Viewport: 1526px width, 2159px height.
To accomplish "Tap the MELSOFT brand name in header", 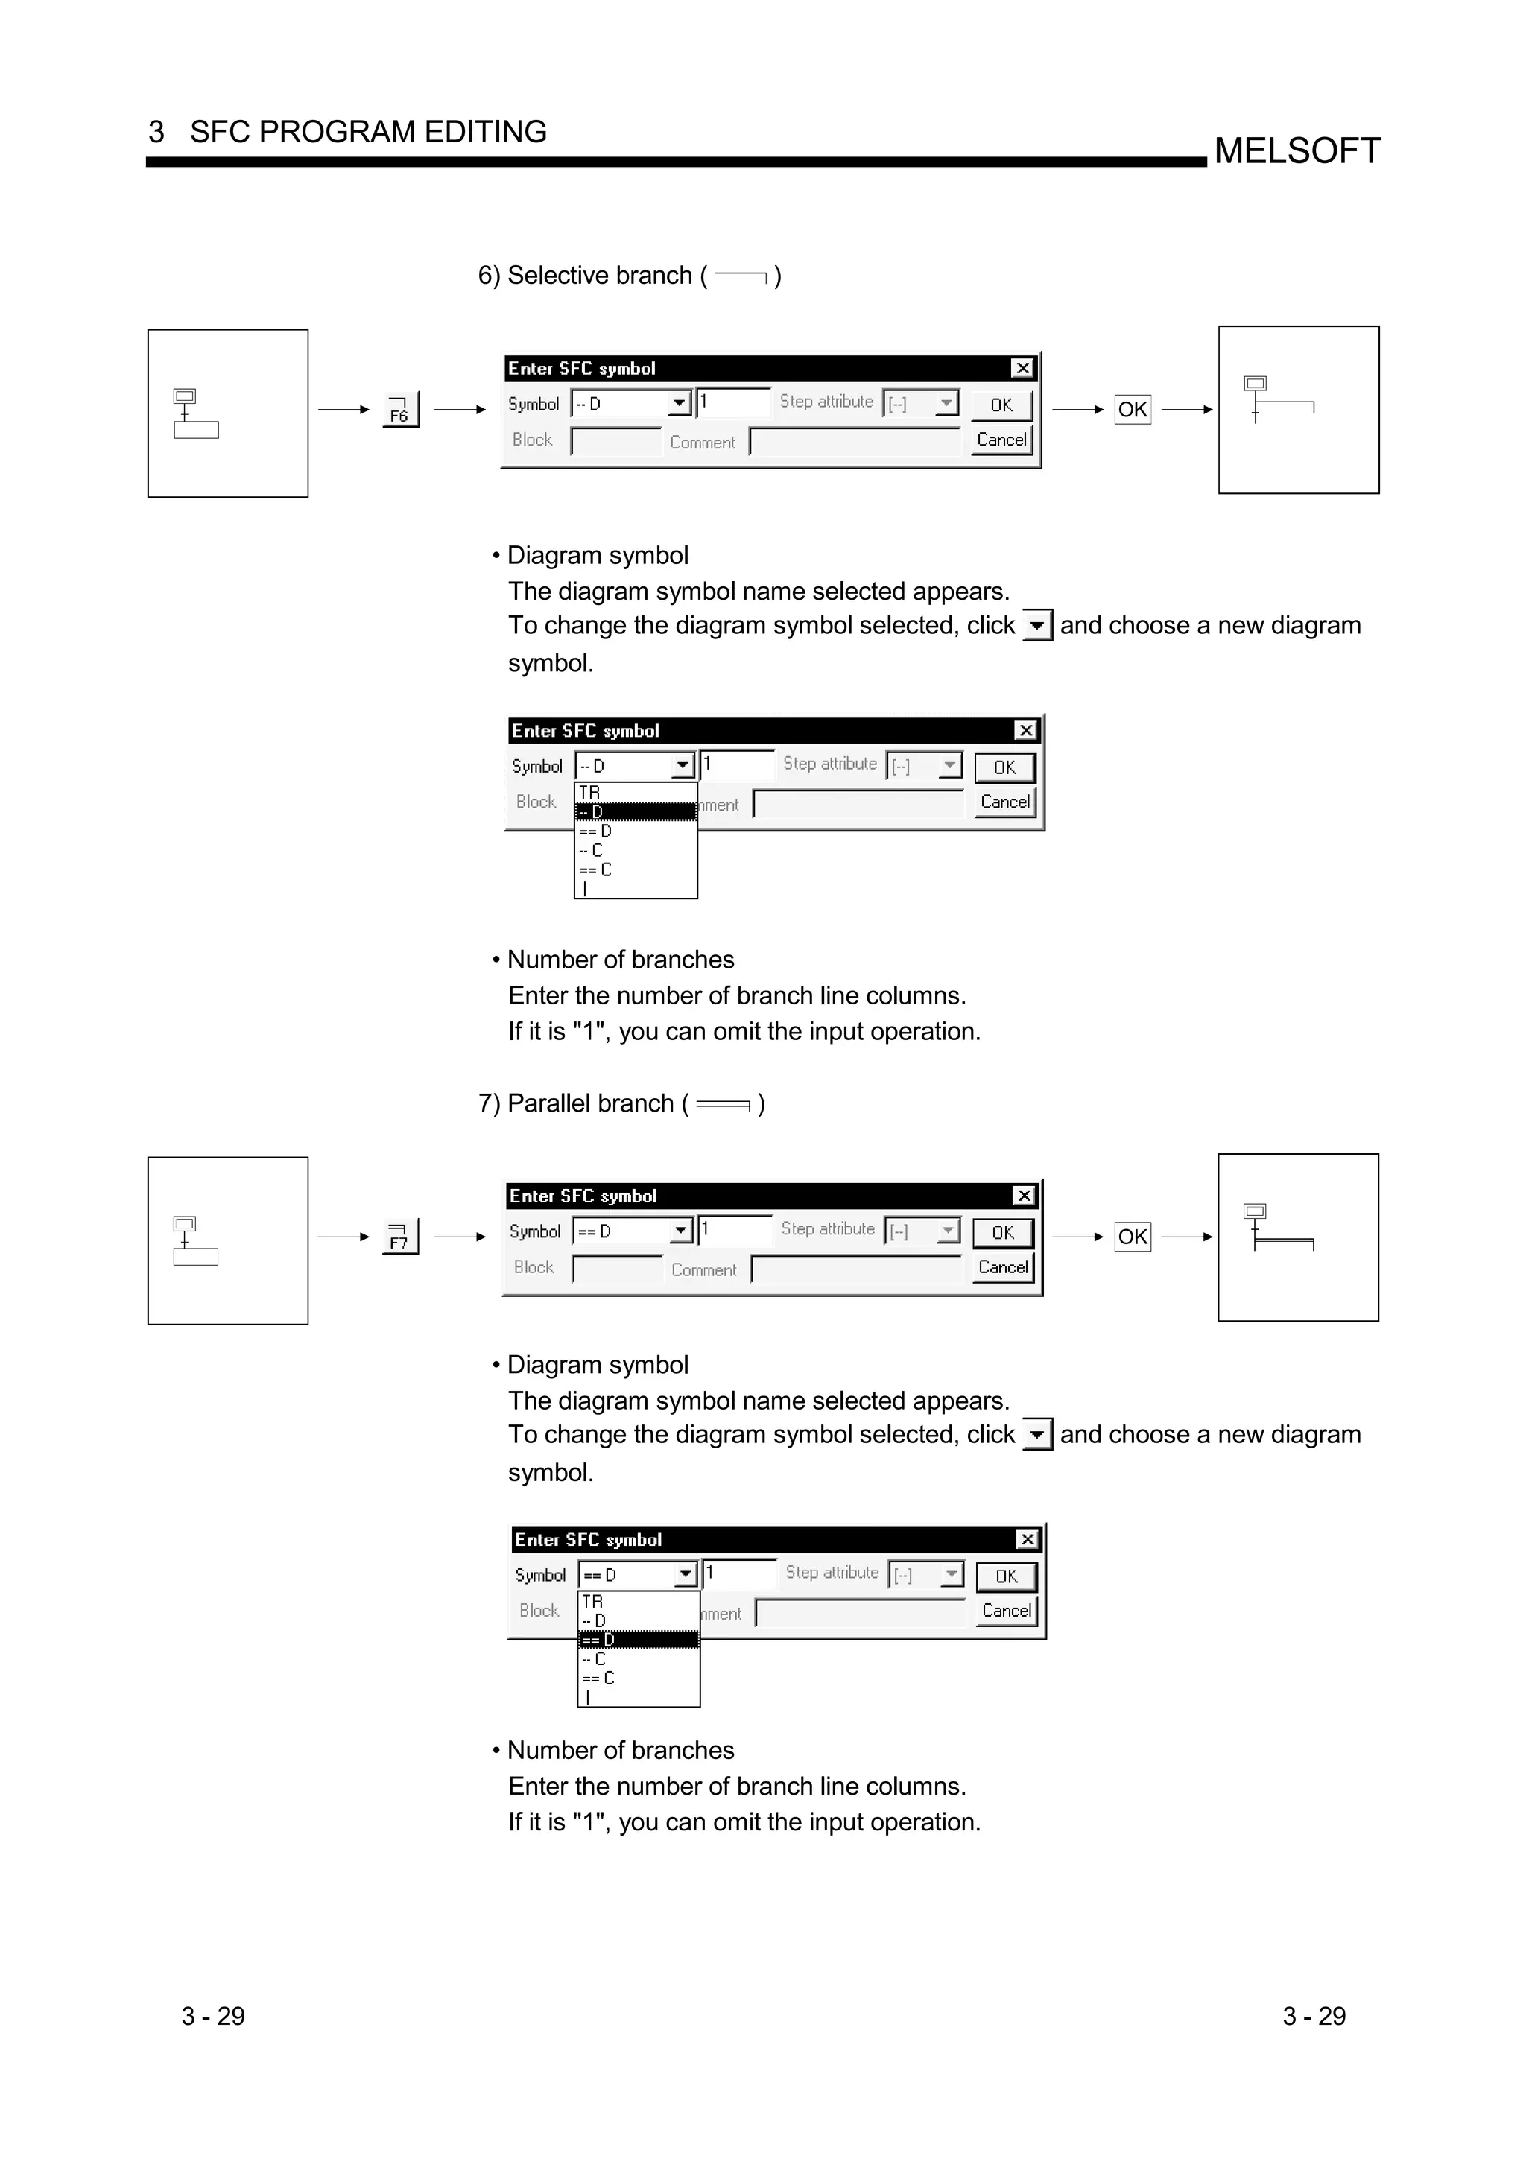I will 1297,150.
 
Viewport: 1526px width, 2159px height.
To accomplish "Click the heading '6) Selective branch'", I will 628,276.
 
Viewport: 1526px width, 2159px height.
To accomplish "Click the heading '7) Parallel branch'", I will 621,1103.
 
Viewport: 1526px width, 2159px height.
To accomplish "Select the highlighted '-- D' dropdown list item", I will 635,811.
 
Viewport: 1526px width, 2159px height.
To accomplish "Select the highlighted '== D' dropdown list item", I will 638,1639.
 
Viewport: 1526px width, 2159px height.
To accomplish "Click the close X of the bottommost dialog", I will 1027,1539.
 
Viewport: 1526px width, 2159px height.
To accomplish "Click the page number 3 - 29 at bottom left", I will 212,2016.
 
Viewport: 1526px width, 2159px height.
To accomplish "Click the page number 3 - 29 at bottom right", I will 1314,2016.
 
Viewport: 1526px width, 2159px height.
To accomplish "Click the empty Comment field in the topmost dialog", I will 854,441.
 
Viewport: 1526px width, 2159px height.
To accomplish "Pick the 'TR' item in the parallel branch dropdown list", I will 592,1600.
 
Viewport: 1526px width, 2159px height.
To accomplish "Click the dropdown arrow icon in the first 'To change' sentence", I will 1036,625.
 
